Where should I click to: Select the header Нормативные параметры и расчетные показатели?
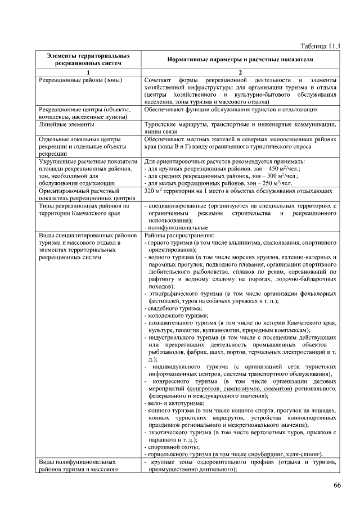(240, 60)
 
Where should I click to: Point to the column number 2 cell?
(240, 73)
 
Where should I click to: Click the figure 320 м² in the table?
(153, 191)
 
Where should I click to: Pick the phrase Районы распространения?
(171, 235)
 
